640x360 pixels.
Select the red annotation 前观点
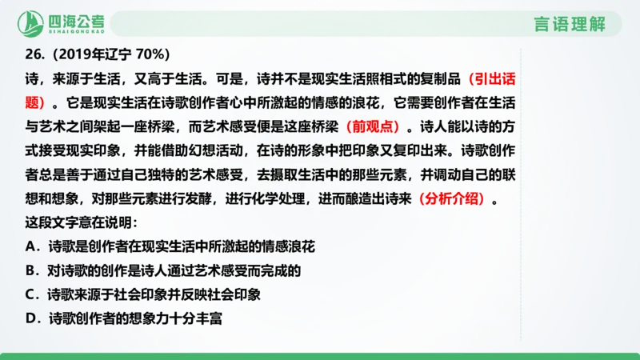pos(375,126)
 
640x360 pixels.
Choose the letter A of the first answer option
pos(31,247)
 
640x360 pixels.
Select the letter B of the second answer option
pos(31,271)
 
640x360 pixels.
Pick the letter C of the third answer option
pos(31,294)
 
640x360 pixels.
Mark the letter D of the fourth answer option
pos(31,318)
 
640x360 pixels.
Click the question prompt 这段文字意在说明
pos(81,224)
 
